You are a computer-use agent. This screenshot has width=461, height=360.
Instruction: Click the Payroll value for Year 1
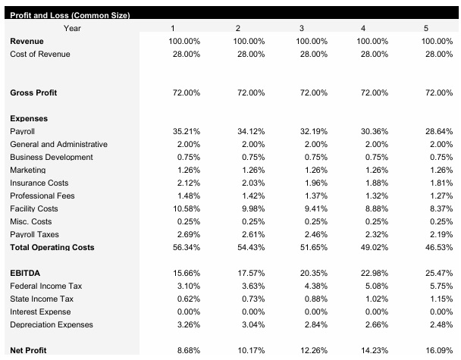187,131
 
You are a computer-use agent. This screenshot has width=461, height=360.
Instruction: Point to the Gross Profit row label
33,92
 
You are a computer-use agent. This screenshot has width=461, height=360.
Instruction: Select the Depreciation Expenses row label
52,324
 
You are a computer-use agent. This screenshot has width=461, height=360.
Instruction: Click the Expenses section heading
28,118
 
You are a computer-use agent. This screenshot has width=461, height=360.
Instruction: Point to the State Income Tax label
42,299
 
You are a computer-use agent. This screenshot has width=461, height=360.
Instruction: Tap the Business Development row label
52,157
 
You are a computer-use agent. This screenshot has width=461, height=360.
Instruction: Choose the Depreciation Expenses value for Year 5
439,324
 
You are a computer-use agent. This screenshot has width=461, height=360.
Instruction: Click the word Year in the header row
74,28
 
